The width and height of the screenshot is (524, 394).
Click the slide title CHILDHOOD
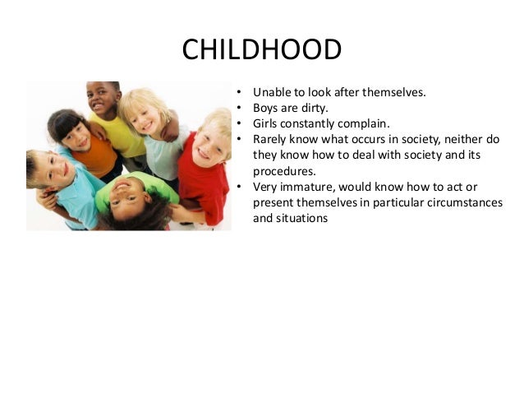pyautogui.click(x=261, y=51)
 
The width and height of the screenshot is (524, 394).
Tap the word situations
pyautogui.click(x=302, y=219)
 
